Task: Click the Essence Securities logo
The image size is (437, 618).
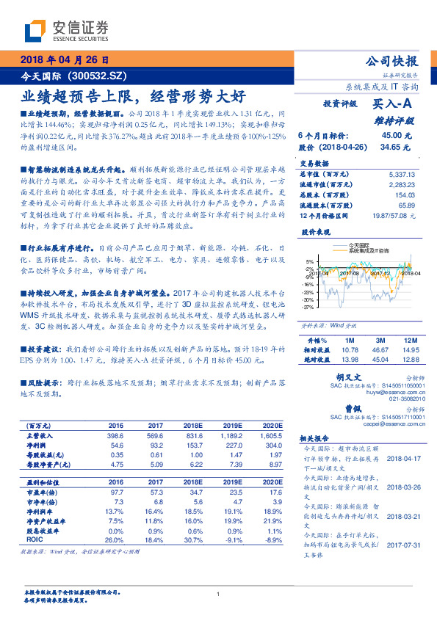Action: (x=66, y=30)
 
